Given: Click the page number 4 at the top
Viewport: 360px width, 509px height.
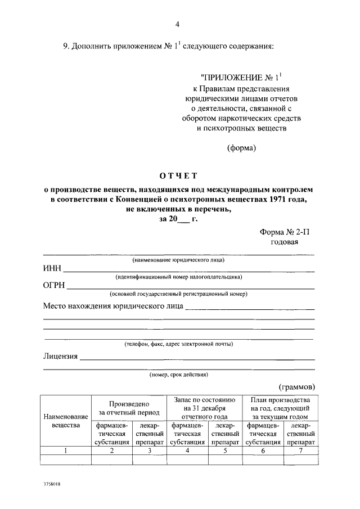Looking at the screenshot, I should [x=178, y=24].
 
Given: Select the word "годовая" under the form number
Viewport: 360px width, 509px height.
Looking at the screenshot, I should [x=285, y=242].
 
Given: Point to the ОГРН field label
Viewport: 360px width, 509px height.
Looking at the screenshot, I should [x=55, y=285].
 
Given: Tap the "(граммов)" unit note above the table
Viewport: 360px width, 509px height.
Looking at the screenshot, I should [x=297, y=387].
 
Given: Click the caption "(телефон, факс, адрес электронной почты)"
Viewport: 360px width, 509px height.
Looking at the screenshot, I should [x=179, y=344].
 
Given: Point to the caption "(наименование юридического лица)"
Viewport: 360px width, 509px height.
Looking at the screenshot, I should [x=179, y=260].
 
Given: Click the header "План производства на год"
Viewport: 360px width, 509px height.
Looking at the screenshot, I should [x=280, y=408].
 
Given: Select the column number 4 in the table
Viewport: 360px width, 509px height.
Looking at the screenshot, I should [x=187, y=451].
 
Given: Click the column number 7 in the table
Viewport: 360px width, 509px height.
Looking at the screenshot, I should [x=300, y=451].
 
